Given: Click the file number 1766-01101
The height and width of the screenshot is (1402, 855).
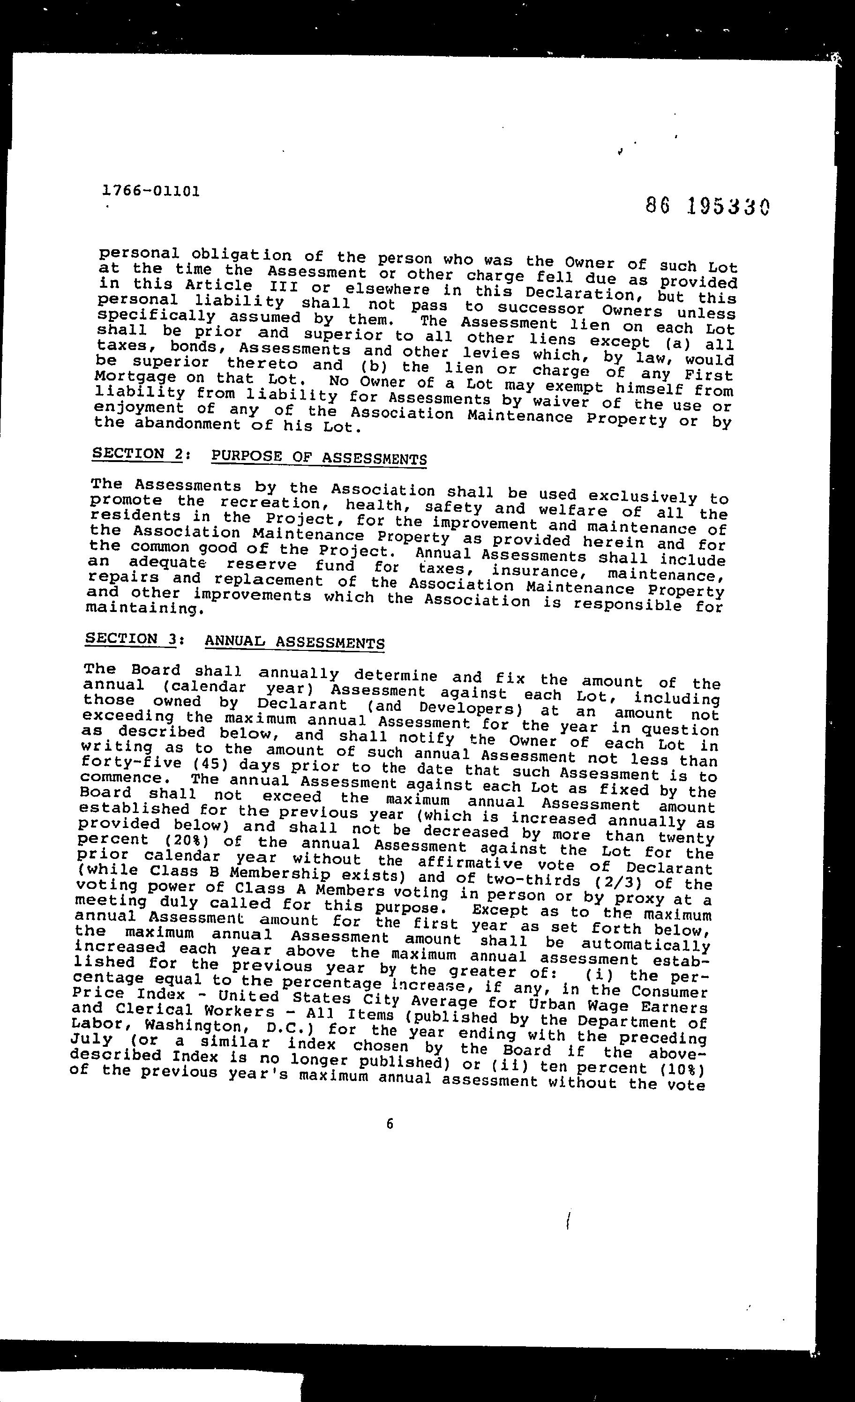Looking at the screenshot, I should [x=151, y=191].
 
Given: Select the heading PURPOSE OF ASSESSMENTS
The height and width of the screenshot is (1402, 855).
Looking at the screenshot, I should [x=319, y=457].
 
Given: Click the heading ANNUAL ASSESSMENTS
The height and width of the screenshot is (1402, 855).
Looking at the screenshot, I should [x=294, y=642].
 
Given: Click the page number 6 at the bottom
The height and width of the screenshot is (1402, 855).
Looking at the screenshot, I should [x=390, y=1124].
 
